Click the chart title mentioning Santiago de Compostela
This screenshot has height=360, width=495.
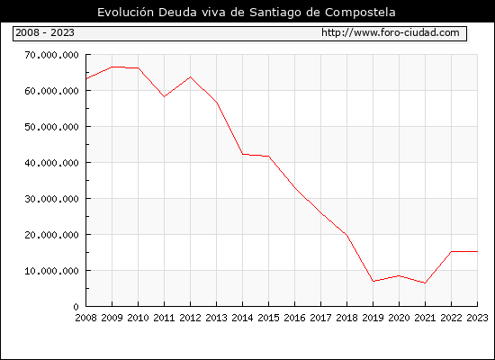tap(247, 13)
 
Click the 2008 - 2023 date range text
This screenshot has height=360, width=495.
tap(45, 32)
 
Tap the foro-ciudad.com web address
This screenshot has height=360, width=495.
tap(391, 32)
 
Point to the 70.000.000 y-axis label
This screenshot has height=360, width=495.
tap(52, 55)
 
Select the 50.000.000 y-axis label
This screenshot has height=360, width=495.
tap(52, 127)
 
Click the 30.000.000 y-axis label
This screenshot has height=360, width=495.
tap(52, 199)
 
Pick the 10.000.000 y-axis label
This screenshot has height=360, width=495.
tap(52, 271)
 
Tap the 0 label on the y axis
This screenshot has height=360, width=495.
tap(76, 307)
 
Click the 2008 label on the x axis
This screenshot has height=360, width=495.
tap(85, 318)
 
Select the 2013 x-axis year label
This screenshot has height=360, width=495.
tap(216, 318)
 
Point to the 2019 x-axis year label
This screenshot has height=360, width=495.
tap(373, 318)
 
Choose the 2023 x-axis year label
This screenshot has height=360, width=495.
tap(477, 318)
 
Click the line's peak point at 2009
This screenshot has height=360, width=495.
tap(112, 67)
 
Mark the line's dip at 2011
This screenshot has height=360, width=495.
tap(164, 96)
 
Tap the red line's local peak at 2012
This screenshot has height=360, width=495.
tap(191, 76)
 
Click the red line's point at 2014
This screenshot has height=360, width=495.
tap(242, 154)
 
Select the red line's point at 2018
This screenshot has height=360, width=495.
tap(346, 235)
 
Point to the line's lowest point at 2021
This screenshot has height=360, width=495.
tap(425, 283)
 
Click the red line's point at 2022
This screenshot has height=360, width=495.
tap(452, 251)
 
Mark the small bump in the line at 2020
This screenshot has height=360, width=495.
tap(399, 275)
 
